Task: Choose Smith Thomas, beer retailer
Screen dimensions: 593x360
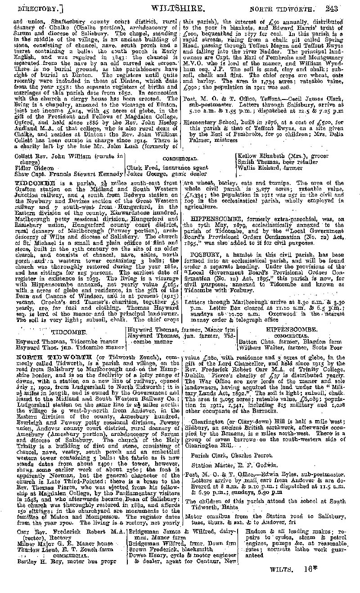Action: pos(270,163)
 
